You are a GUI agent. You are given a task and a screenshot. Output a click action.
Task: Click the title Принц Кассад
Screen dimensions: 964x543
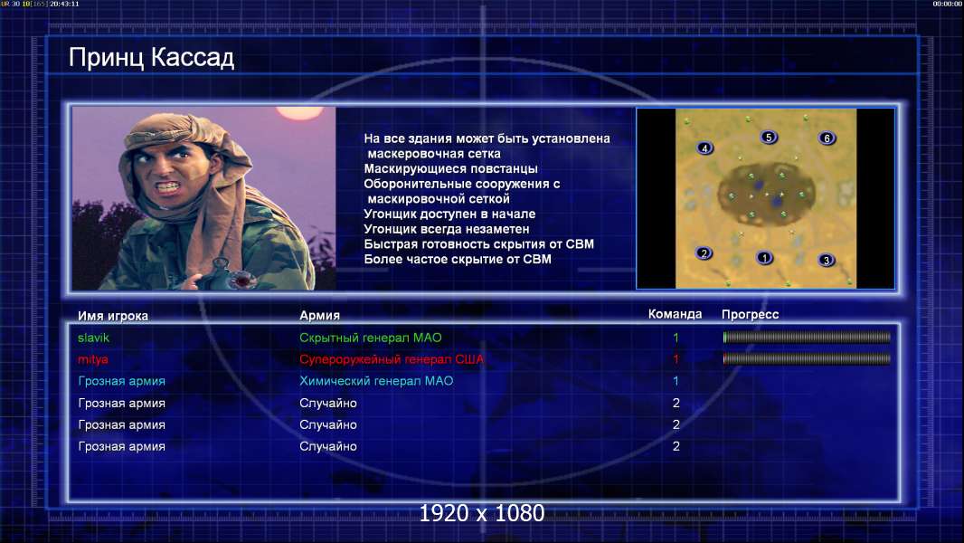(x=151, y=58)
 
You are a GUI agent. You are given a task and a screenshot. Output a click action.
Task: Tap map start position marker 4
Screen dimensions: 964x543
(x=704, y=148)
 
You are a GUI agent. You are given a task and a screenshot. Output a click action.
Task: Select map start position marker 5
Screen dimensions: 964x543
(x=769, y=138)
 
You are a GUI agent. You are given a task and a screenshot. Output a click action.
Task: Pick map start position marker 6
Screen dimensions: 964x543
(x=827, y=138)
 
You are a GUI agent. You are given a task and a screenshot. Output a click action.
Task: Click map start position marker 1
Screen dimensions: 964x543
(x=764, y=258)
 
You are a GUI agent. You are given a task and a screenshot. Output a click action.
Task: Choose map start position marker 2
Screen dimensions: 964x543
(x=704, y=252)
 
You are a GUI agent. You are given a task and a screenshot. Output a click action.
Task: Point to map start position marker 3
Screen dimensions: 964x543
(x=827, y=260)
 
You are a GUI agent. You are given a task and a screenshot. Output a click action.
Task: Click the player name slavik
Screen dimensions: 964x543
(x=93, y=338)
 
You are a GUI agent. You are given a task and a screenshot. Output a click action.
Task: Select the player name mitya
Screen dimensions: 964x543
(x=93, y=359)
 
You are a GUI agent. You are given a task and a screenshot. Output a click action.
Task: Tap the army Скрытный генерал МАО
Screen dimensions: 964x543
(x=370, y=338)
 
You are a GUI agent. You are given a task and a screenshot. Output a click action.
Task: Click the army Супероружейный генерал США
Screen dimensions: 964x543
(x=392, y=359)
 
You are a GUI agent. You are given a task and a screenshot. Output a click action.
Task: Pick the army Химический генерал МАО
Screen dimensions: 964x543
(x=376, y=381)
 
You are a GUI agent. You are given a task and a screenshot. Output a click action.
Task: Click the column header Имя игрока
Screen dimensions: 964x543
(x=112, y=316)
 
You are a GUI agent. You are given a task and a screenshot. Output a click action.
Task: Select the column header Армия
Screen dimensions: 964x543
(x=320, y=315)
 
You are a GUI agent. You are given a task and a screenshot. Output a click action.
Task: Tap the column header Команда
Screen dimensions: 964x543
(x=675, y=314)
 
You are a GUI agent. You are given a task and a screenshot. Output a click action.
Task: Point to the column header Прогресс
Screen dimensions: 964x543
(x=750, y=314)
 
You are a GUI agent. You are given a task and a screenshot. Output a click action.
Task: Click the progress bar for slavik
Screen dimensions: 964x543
(x=807, y=337)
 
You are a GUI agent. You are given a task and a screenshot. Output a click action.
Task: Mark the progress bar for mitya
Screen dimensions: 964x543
(x=807, y=358)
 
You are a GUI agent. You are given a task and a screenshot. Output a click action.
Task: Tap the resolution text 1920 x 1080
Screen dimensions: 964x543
(x=482, y=513)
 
